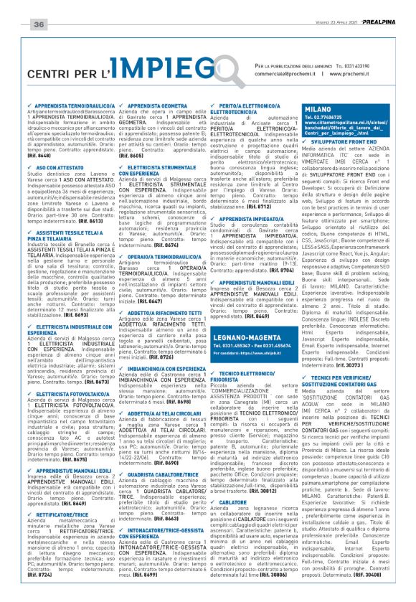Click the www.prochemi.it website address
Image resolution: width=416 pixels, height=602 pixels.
[x=334, y=74]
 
